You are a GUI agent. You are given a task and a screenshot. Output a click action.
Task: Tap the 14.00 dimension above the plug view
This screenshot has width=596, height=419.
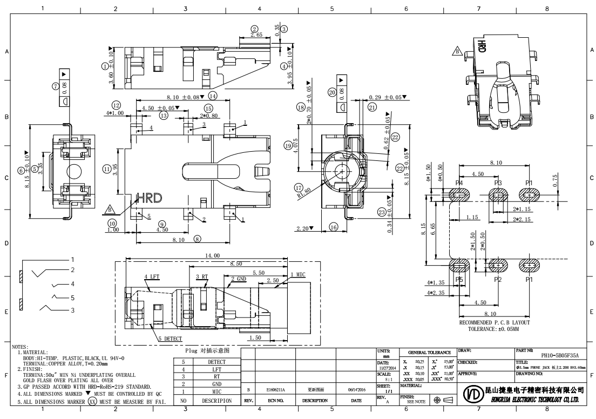click(213, 255)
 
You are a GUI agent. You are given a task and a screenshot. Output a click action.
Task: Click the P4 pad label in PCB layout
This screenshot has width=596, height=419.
click(459, 183)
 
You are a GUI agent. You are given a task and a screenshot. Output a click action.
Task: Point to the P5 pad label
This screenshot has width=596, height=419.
click(459, 280)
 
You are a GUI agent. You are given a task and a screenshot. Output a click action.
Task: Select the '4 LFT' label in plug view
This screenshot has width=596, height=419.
click(152, 276)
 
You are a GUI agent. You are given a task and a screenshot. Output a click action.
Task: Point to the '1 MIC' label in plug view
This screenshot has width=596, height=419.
click(297, 275)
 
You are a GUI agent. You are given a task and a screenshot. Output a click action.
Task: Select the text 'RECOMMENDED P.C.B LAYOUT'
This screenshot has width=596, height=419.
click(494, 322)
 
